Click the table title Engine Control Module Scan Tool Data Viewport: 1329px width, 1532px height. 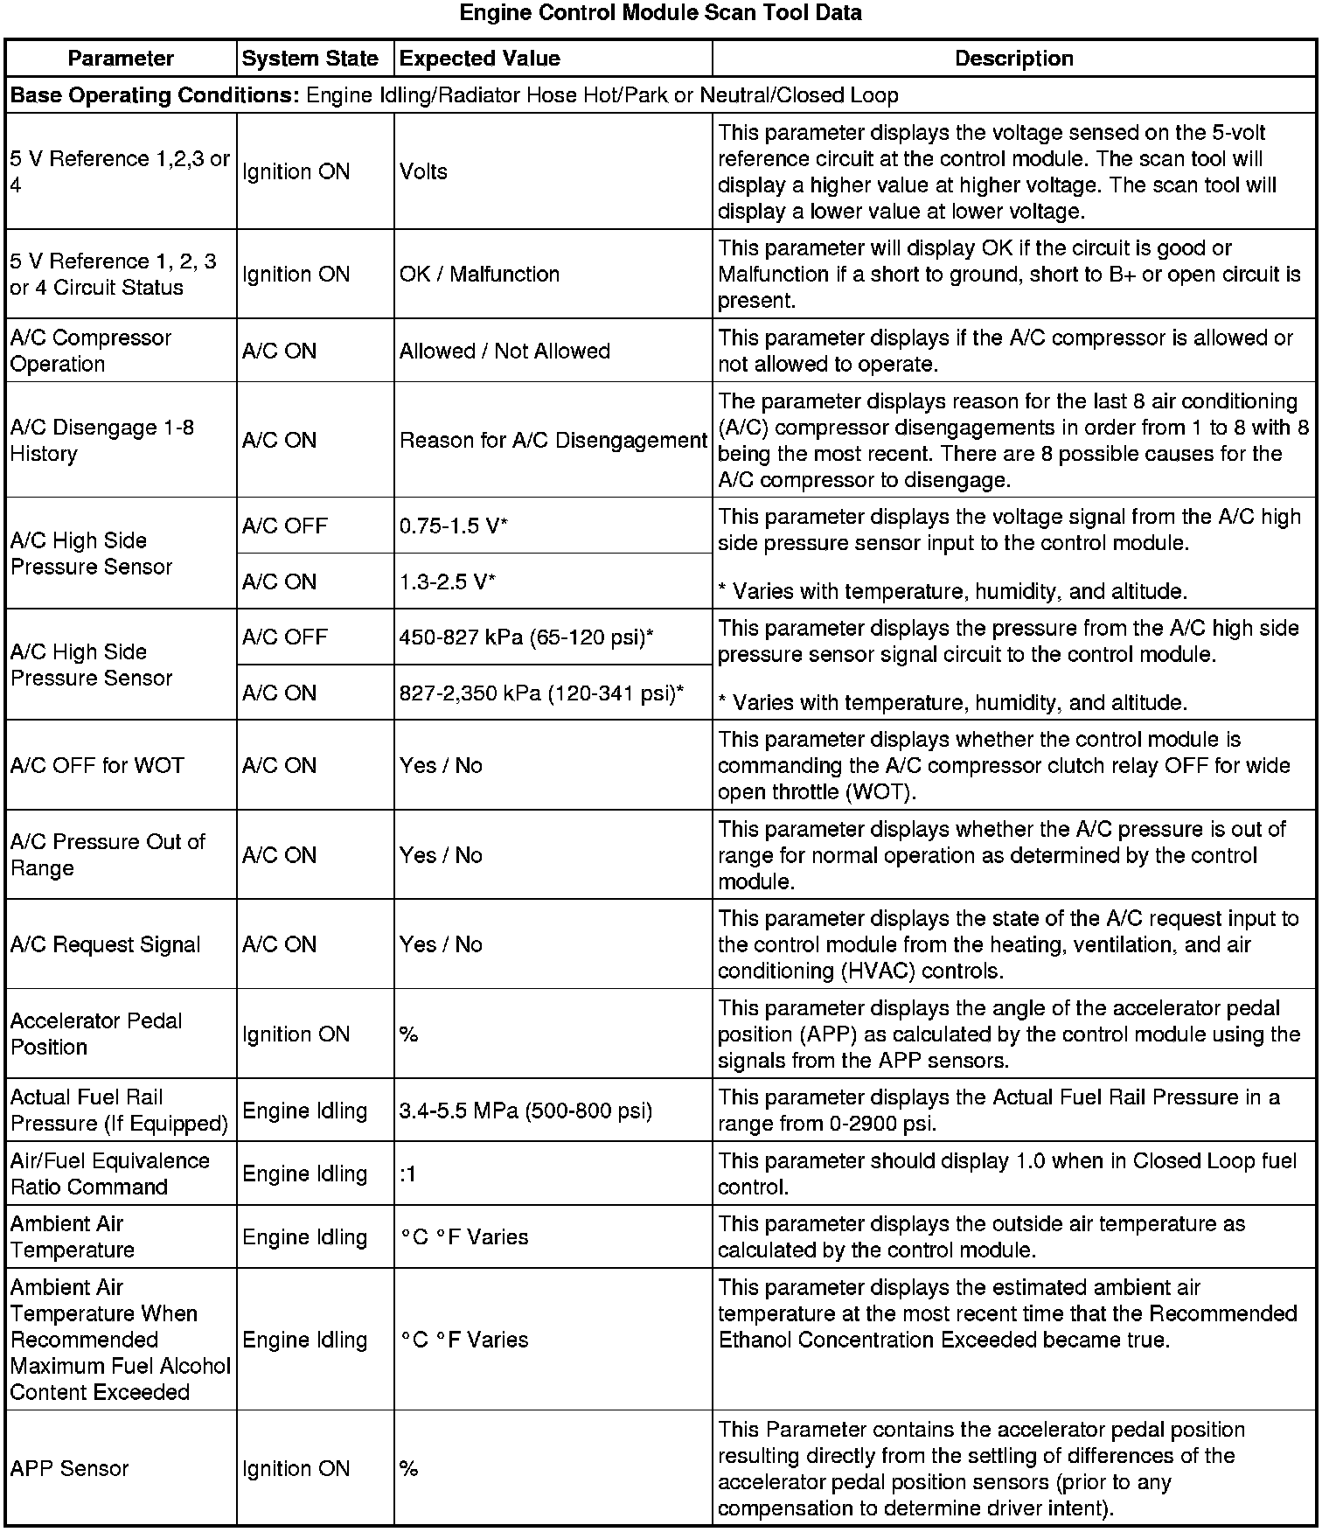660,13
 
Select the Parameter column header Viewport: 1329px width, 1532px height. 121,59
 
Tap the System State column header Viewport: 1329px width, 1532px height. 310,59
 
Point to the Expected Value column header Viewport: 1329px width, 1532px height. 479,59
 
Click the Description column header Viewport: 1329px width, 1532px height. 1013,59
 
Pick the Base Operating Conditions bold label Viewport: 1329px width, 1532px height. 155,95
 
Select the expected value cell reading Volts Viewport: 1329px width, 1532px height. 423,171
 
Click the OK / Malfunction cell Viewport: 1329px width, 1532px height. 479,274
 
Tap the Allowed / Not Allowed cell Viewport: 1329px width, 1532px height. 504,351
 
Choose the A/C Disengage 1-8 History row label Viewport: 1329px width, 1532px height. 101,441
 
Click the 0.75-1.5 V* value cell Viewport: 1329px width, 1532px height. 454,526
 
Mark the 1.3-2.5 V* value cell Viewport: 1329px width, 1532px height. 448,582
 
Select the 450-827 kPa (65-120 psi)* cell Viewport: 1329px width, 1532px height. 526,637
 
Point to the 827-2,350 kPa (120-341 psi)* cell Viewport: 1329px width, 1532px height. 541,693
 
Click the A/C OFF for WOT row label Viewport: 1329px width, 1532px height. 97,766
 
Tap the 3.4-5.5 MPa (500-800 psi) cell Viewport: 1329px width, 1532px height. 525,1111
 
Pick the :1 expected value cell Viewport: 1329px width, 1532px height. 408,1174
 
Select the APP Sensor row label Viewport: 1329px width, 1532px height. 69,1468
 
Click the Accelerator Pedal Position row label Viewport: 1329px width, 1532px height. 96,1034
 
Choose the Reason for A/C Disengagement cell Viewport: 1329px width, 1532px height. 553,441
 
